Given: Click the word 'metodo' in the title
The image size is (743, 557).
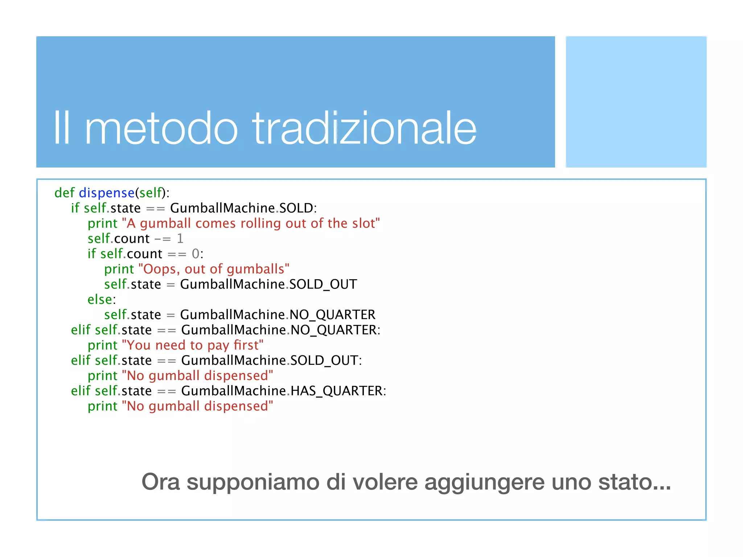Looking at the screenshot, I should [x=161, y=129].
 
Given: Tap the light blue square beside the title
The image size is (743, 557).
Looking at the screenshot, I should [x=636, y=102].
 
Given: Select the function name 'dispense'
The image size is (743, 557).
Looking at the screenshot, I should [x=107, y=193].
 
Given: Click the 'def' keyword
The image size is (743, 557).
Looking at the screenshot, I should [x=64, y=193].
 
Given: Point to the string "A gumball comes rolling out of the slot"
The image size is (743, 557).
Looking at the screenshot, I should [x=251, y=223].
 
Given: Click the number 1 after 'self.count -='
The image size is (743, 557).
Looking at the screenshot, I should [x=180, y=239].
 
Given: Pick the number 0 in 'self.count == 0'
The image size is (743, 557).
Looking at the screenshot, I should [x=196, y=254].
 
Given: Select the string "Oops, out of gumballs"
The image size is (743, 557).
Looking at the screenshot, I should [x=214, y=269].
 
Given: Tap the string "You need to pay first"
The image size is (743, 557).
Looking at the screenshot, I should [x=193, y=345].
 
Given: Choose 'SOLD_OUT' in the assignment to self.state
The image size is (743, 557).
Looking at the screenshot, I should [x=323, y=284].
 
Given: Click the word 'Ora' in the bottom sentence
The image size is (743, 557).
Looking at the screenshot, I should [x=160, y=482].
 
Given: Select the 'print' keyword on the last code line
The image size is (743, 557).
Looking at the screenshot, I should [x=103, y=406].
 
